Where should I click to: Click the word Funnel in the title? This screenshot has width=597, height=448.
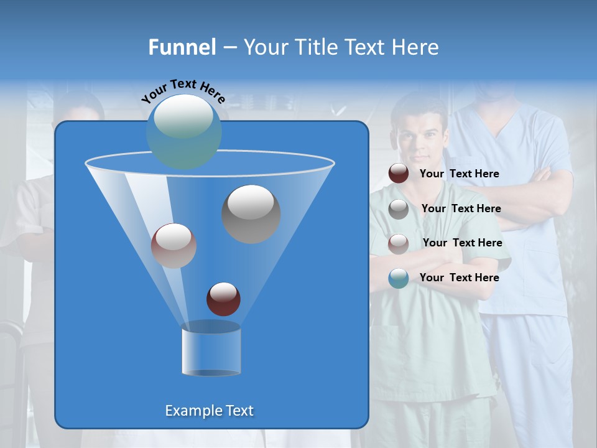182,47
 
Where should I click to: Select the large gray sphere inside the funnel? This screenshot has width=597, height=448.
251,214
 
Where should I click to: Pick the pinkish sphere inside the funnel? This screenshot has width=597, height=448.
174,246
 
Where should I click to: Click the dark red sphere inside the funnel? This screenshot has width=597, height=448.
223,299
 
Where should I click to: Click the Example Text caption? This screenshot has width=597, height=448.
209,411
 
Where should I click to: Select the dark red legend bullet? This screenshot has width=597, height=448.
399,174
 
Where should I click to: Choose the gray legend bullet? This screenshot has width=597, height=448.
399,208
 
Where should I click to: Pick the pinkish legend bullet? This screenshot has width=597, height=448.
399,243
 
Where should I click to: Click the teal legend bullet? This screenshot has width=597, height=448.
399,278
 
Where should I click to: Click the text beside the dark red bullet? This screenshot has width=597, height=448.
459,174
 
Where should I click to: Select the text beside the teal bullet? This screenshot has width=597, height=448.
459,278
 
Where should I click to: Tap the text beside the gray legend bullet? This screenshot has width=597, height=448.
461,208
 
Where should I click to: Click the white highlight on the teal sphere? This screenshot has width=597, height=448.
183,118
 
